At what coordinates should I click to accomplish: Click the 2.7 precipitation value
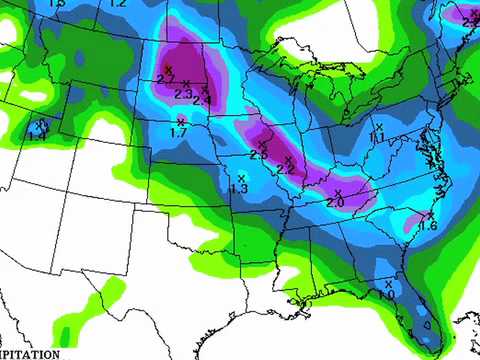(x=166, y=78)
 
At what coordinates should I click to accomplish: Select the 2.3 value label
(x=183, y=93)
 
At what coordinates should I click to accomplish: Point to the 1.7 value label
(x=179, y=132)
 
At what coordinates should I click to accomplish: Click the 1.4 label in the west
(x=36, y=136)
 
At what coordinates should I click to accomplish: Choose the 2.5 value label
(x=258, y=155)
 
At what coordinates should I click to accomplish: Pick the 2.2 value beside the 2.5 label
(x=285, y=170)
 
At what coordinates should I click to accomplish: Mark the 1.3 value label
(x=239, y=188)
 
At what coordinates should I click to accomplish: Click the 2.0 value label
(x=335, y=202)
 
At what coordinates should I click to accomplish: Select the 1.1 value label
(x=377, y=136)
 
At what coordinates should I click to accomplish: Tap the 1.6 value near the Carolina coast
(x=428, y=226)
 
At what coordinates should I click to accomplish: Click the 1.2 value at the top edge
(x=118, y=4)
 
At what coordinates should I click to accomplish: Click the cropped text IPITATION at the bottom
(x=29, y=353)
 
